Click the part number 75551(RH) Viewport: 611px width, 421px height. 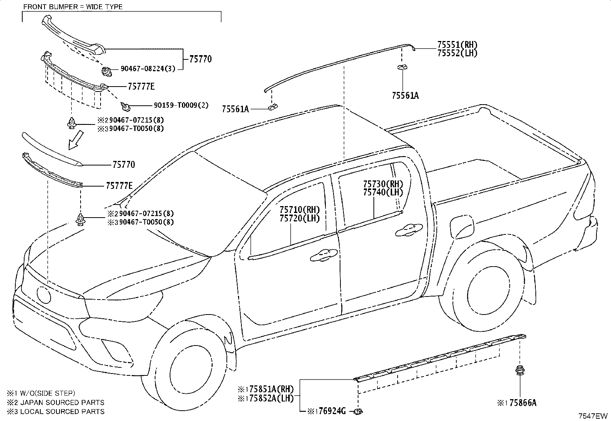click(x=457, y=45)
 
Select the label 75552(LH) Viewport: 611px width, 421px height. click(x=457, y=53)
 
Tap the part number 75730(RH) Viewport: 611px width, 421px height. click(x=383, y=184)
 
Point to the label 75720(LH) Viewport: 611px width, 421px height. click(x=299, y=218)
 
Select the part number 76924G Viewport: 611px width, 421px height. click(x=332, y=411)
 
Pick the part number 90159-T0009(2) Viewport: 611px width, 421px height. click(x=181, y=105)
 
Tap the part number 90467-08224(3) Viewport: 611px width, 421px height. click(x=148, y=69)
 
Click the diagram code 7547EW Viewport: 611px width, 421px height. click(x=593, y=416)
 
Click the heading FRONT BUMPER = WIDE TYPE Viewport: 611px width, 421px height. click(x=73, y=7)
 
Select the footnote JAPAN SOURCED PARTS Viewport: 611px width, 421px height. click(x=63, y=403)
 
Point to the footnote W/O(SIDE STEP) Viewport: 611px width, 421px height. click(x=48, y=393)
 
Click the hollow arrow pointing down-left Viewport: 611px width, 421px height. click(x=76, y=140)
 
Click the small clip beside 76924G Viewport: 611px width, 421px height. click(x=358, y=411)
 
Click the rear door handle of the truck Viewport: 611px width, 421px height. click(x=408, y=231)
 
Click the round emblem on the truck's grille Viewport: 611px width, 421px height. click(x=44, y=295)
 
